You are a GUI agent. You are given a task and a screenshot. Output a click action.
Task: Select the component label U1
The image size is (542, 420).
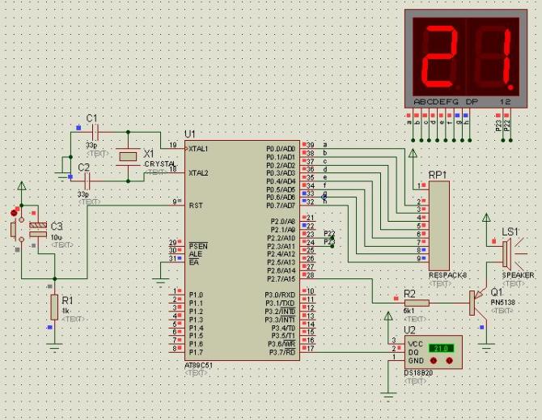191,134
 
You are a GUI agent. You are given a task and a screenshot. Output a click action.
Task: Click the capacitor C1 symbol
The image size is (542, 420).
95,129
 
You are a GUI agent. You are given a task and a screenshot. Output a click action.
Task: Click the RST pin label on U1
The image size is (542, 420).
195,206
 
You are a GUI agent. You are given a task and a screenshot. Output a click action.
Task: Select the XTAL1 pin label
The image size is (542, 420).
198,149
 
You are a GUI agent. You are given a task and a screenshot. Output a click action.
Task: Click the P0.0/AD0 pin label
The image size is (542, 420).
281,149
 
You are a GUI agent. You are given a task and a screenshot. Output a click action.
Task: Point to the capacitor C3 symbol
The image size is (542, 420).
36,230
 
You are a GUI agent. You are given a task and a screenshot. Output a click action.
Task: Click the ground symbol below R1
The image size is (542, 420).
54,343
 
